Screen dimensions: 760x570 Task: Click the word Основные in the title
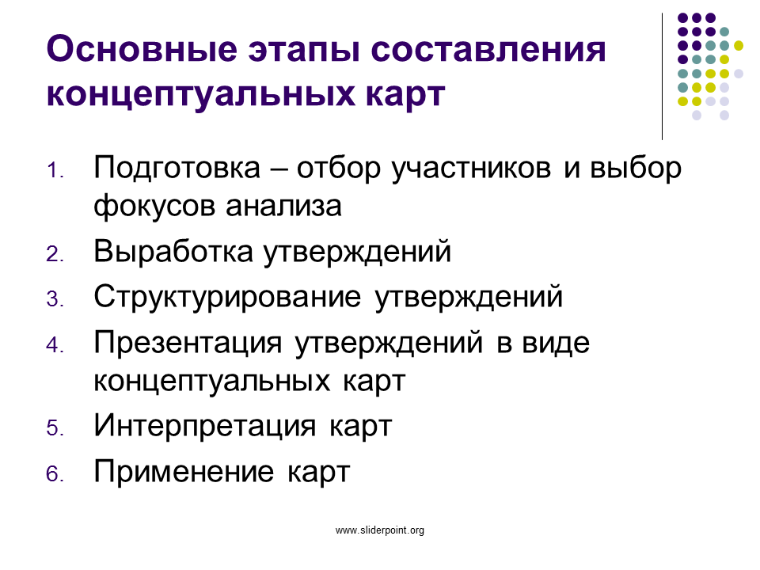pos(142,49)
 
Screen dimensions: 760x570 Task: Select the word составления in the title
pos(488,49)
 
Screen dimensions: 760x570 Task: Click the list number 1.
pos(55,171)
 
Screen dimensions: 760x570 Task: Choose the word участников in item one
pos(471,170)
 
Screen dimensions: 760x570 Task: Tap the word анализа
pos(284,207)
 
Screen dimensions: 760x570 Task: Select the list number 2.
pos(55,254)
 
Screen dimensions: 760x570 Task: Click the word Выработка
pos(173,252)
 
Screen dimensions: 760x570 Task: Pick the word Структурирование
pos(227,298)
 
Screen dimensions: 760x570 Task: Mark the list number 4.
pos(55,345)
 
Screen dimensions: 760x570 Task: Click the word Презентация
pos(188,344)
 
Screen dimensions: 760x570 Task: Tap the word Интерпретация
pos(204,427)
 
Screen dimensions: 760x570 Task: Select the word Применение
pos(184,472)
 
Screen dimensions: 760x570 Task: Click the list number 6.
pos(55,473)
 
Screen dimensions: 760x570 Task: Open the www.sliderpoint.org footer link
pos(380,530)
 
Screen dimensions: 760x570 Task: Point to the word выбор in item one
pos(636,170)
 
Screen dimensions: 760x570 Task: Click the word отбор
pos(339,169)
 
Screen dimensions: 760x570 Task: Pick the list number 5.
pos(55,428)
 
